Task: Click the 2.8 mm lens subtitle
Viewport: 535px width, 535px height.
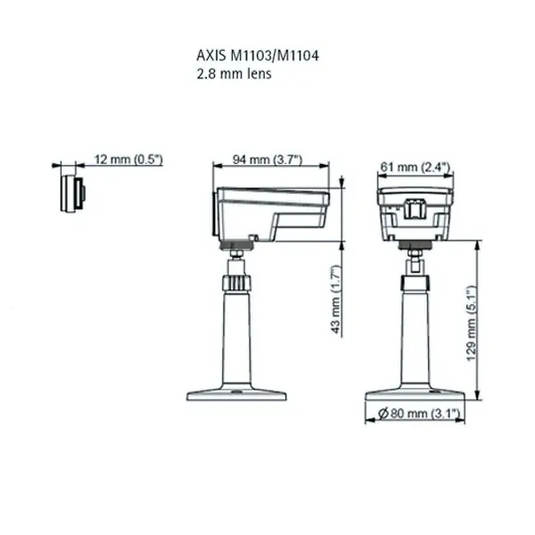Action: [x=234, y=75]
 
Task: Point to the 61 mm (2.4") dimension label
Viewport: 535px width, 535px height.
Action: [x=415, y=167]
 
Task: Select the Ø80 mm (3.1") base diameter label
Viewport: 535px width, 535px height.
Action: [x=417, y=413]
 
